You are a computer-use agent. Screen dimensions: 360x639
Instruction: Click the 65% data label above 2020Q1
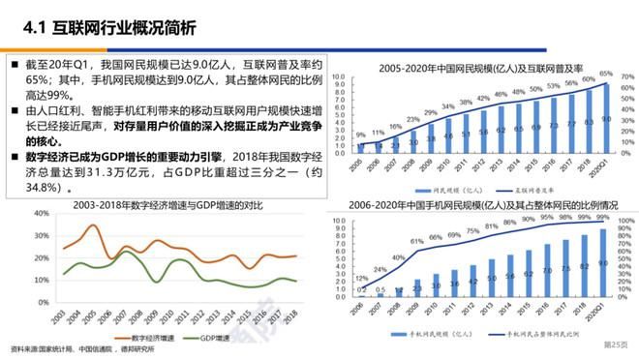click(606, 74)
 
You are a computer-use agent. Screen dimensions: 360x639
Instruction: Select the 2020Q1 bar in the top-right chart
click(607, 120)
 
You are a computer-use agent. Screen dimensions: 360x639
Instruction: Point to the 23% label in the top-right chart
click(413, 119)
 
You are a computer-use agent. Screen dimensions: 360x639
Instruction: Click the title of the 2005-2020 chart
click(480, 68)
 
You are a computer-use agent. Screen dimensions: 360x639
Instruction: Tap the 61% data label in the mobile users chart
click(417, 241)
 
